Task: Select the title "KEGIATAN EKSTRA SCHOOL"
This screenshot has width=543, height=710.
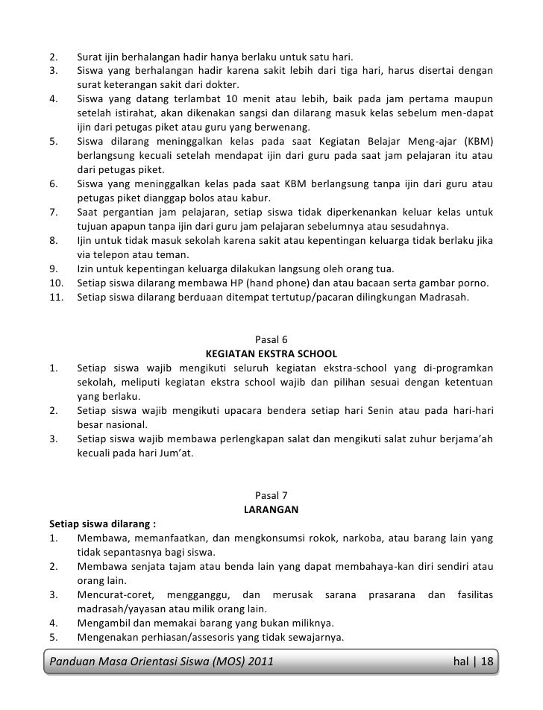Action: point(271,354)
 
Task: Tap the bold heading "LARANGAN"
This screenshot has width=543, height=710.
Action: point(271,509)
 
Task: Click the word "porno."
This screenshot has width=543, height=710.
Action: point(474,282)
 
